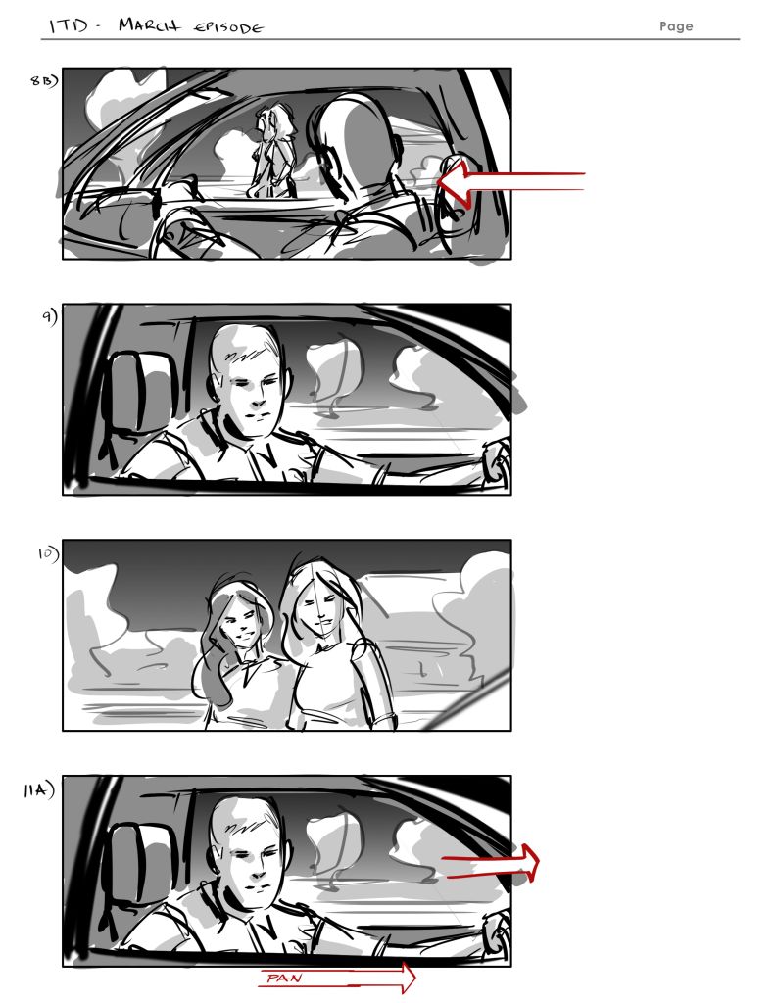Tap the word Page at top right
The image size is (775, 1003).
click(676, 26)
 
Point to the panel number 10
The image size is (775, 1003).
click(48, 553)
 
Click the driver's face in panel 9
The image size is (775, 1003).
click(254, 386)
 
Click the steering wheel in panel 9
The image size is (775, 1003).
click(496, 460)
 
